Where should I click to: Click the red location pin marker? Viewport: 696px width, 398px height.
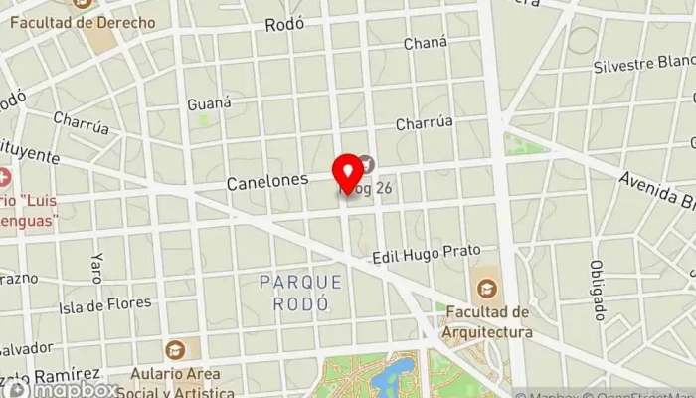[348, 172]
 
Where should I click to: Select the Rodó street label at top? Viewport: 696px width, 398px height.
[283, 26]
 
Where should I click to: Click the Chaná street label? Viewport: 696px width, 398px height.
[426, 43]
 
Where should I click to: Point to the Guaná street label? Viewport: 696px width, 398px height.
[209, 102]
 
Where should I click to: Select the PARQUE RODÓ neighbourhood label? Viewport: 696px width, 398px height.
[300, 293]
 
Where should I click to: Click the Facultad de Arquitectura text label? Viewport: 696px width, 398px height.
[487, 321]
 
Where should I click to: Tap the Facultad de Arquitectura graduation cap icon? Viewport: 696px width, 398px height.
[487, 288]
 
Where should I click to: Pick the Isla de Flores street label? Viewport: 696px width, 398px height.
[105, 303]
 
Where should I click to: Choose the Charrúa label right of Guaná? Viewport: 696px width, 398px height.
[424, 123]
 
